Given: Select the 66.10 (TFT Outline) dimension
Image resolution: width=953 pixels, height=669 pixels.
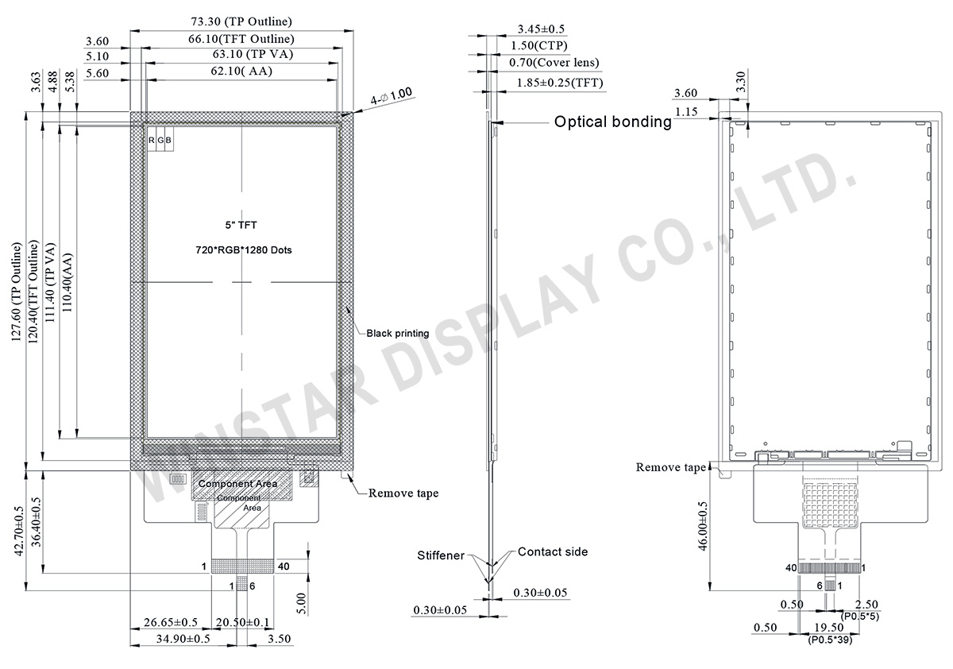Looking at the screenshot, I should [x=241, y=39].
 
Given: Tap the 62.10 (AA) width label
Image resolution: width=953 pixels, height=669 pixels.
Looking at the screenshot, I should [x=239, y=72].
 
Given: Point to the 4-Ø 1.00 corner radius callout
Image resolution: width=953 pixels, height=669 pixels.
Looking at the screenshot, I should [x=392, y=96].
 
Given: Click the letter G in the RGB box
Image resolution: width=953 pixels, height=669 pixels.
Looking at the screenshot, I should [x=160, y=141].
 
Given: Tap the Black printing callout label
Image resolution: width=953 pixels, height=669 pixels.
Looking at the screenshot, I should [x=397, y=334].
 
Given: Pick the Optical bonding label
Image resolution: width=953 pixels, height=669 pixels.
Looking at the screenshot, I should [x=612, y=122].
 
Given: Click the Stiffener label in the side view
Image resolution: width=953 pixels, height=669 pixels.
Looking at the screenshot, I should [x=441, y=555].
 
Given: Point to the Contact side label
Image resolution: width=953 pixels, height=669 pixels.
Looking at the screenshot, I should [x=553, y=551].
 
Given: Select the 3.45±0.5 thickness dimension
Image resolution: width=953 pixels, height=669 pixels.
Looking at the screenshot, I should [x=541, y=29].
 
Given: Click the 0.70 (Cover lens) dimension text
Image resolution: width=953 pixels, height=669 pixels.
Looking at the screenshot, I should [x=554, y=63].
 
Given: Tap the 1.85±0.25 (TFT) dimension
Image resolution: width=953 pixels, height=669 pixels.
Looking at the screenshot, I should [x=559, y=83].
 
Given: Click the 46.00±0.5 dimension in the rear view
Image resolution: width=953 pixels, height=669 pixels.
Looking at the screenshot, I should [x=701, y=540].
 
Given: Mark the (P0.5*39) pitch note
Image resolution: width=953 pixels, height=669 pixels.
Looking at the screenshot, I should [x=831, y=639].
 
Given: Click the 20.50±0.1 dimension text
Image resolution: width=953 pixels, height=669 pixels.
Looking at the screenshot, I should [x=242, y=622].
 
